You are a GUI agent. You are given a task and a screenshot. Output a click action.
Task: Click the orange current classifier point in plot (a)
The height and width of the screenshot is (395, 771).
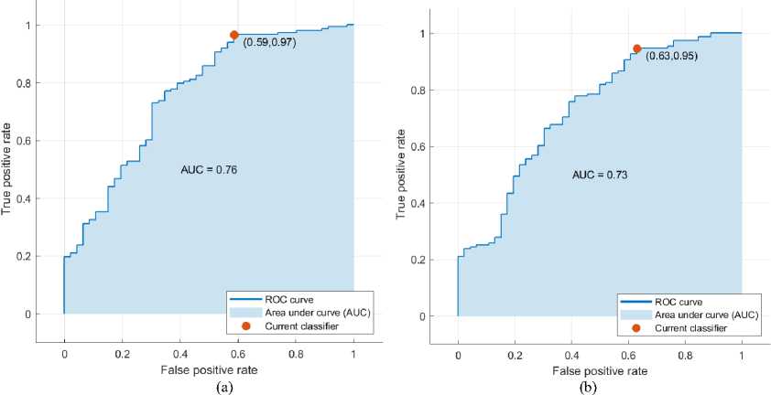pyautogui.click(x=234, y=35)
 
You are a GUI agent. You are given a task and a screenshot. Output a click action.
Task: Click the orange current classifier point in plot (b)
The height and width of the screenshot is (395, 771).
pyautogui.click(x=636, y=48)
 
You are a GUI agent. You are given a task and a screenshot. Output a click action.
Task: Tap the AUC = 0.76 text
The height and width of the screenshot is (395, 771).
pyautogui.click(x=212, y=169)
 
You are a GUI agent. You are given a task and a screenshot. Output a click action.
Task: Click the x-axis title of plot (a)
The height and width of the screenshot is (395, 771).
pyautogui.click(x=210, y=368)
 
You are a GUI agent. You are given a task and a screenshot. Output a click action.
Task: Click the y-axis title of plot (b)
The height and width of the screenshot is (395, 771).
pyautogui.click(x=400, y=175)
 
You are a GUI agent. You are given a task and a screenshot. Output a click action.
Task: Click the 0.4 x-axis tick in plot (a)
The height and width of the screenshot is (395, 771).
pyautogui.click(x=180, y=351)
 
